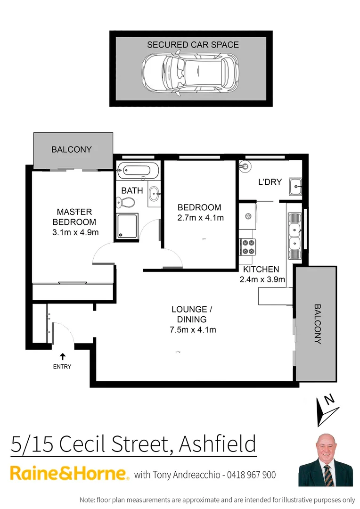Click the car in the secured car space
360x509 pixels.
point(191,74)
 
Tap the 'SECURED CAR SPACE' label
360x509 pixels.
point(193,45)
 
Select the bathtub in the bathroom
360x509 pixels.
point(139,170)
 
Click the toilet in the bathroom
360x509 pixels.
point(125,202)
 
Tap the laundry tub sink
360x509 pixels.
point(295,187)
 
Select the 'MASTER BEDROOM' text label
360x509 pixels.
point(74,217)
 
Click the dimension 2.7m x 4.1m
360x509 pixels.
point(200,218)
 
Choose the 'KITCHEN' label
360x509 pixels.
point(261,270)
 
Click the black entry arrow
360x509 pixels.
point(62,357)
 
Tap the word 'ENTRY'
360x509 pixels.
point(62,367)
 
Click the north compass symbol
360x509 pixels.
point(326,407)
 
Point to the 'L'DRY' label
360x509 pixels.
point(270,182)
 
